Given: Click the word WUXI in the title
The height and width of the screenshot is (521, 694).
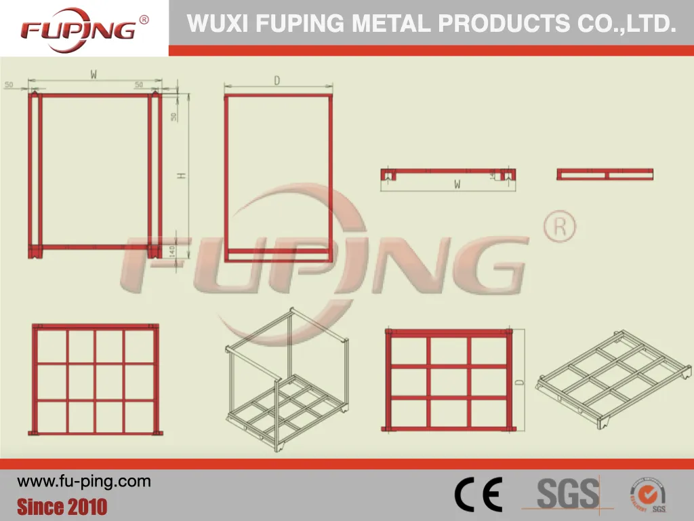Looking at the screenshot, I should click(x=208, y=24).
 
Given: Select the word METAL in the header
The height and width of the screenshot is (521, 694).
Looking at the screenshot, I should click(x=391, y=24).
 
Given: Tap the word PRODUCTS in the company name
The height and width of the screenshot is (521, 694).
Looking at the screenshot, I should click(x=504, y=24).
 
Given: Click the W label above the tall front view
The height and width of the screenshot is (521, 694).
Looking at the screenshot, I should click(x=94, y=75).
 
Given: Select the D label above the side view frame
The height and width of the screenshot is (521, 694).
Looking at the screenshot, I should click(x=277, y=80).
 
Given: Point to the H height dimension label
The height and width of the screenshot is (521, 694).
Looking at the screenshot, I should click(x=181, y=176).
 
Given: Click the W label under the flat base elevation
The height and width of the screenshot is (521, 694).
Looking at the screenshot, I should click(x=457, y=183).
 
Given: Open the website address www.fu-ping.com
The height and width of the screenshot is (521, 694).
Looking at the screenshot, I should click(x=84, y=482).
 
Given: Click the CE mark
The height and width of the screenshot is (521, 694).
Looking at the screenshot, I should click(x=478, y=495).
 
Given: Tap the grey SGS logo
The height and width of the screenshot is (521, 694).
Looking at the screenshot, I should click(x=568, y=493).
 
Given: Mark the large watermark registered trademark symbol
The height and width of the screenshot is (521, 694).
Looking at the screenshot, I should click(x=560, y=227).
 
